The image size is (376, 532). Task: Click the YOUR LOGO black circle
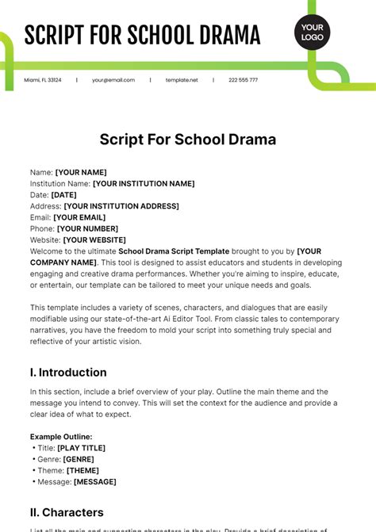(312, 33)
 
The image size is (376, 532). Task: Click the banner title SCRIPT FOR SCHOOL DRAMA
(142, 36)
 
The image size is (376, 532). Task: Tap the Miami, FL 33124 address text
(41, 80)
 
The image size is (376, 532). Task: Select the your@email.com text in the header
(113, 80)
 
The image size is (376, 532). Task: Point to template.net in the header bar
(182, 80)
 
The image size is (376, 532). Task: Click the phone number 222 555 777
(243, 80)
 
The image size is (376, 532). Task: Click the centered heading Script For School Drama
(188, 140)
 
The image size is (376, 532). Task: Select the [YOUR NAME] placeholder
(80, 172)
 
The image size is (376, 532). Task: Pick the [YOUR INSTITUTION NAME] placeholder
(144, 183)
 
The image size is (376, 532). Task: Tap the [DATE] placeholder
(63, 194)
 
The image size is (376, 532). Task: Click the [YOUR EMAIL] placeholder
(78, 217)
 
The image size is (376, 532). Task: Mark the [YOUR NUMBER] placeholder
(83, 228)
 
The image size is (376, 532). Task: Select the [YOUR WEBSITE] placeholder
(94, 239)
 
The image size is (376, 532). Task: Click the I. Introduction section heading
(68, 372)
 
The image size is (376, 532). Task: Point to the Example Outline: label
(61, 436)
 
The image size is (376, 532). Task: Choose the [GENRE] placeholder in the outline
(79, 459)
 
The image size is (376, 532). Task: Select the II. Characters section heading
(67, 512)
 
